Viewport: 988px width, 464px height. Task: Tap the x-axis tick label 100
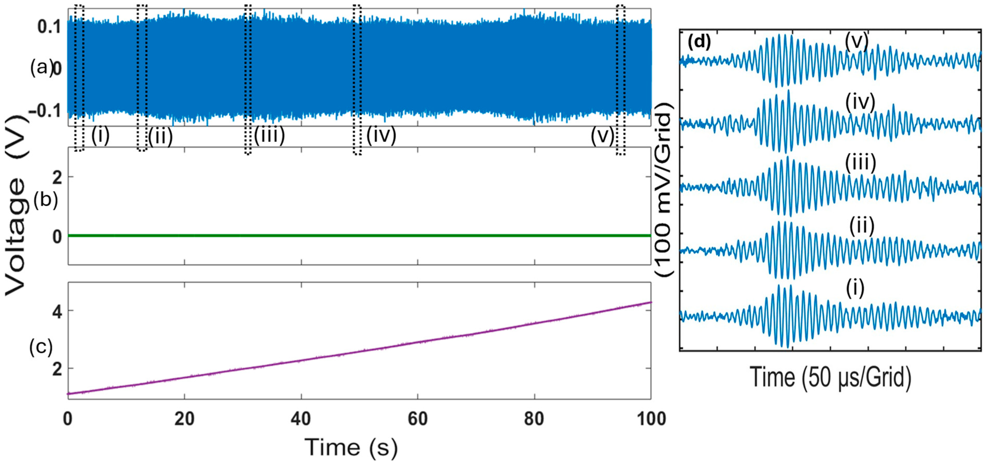pos(651,419)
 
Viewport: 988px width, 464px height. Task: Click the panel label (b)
pos(46,200)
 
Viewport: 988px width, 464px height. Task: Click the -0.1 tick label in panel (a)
pos(45,111)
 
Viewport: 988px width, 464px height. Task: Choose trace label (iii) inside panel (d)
pos(860,163)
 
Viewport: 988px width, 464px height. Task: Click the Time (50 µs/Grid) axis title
pos(830,378)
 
